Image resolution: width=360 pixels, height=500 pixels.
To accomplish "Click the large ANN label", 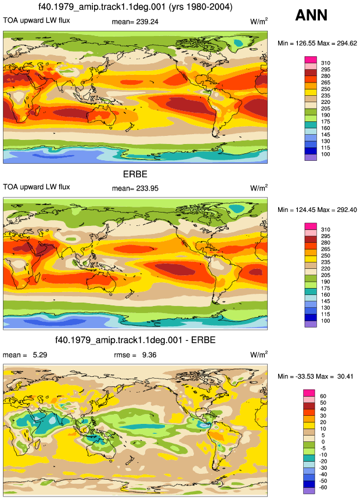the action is [x=311, y=15].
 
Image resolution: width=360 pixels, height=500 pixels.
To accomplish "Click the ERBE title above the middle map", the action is [x=135, y=174].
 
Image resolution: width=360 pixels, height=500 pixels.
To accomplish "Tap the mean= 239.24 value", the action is [x=135, y=22].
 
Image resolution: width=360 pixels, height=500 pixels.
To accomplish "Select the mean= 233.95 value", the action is [x=135, y=189].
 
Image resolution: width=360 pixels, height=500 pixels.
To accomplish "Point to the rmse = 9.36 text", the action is [x=135, y=355].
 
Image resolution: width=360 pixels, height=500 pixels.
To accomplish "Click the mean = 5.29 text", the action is [x=25, y=355].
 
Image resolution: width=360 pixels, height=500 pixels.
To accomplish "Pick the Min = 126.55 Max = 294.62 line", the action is [x=317, y=44].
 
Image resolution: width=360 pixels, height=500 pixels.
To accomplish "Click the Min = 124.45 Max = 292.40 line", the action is [x=317, y=210].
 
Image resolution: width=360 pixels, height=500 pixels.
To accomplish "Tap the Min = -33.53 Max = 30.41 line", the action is [x=315, y=376].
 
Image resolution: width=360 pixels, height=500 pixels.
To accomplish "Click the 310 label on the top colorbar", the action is [x=326, y=63].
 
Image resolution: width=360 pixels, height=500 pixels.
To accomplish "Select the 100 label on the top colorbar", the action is [x=326, y=154].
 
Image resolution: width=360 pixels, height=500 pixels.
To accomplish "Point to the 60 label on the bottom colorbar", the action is [x=323, y=396].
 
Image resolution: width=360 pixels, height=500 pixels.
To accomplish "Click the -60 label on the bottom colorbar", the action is [x=323, y=487].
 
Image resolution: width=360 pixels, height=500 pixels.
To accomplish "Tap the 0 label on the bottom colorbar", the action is [x=323, y=442].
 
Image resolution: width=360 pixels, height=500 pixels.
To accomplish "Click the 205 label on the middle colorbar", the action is [x=326, y=275].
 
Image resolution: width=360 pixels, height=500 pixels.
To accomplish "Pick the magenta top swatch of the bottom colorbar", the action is [x=309, y=393].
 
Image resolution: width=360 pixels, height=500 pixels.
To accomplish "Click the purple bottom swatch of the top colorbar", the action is [x=311, y=157].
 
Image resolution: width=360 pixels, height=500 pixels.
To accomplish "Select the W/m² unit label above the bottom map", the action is [x=259, y=354].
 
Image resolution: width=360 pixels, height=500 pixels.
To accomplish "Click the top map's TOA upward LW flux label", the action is [x=37, y=20].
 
